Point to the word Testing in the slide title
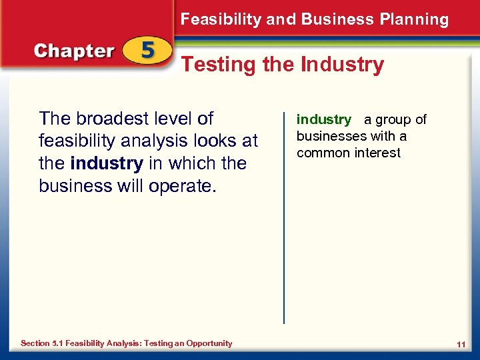[x=219, y=65]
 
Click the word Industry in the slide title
[x=342, y=65]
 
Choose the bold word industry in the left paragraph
[x=106, y=163]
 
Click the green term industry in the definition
[x=324, y=120]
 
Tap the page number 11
[x=461, y=344]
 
